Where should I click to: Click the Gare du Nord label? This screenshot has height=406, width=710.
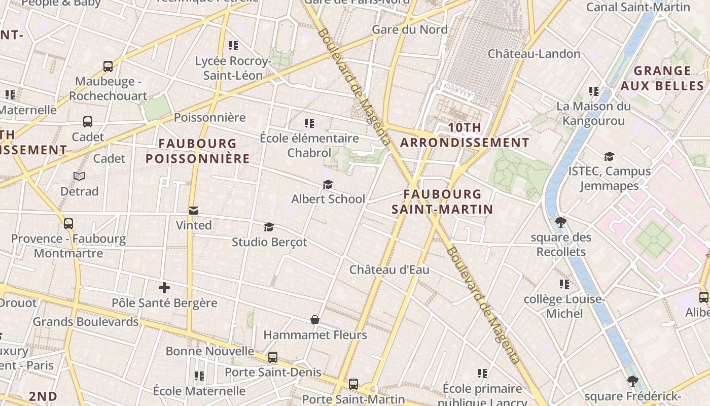(x=410, y=29)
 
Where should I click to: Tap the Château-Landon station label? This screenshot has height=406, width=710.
(x=534, y=54)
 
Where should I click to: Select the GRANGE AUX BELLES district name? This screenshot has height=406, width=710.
(x=662, y=78)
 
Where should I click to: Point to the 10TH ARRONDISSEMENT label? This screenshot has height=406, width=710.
(x=465, y=136)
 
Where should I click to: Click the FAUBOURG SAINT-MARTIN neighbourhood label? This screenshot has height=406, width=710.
(x=442, y=201)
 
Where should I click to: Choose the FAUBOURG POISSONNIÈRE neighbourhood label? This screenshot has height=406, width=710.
(x=198, y=151)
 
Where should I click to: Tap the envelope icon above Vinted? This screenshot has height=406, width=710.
(x=193, y=211)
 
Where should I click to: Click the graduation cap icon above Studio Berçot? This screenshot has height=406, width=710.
(x=269, y=227)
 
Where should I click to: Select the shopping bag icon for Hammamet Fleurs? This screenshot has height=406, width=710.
(x=315, y=320)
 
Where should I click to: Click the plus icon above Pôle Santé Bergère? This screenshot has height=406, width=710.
(x=164, y=288)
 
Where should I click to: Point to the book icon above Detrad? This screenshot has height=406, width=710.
(x=79, y=176)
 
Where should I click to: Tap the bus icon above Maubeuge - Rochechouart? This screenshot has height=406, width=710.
(x=108, y=66)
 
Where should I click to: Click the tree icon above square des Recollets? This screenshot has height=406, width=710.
(x=561, y=222)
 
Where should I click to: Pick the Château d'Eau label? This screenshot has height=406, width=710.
(x=389, y=269)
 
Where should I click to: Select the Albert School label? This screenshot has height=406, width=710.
(x=328, y=199)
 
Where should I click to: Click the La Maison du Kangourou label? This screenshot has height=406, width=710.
(x=593, y=113)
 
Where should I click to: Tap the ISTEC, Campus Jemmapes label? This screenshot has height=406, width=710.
(x=609, y=178)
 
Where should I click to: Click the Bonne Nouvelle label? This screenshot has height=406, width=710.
(x=210, y=351)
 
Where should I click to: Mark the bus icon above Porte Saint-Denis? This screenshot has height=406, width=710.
(x=273, y=357)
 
